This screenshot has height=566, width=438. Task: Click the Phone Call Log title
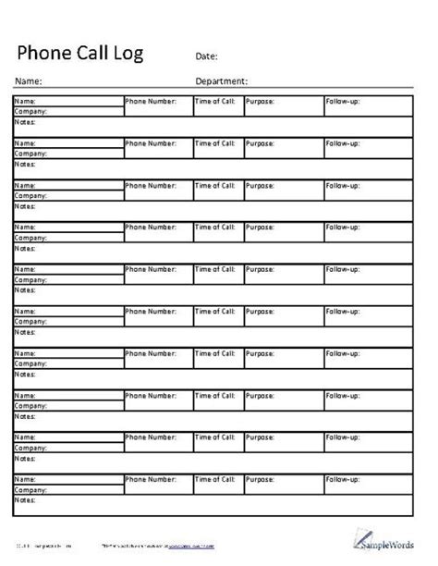pyautogui.click(x=81, y=52)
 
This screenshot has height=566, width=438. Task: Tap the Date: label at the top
pyautogui.click(x=207, y=56)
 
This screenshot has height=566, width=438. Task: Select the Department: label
pyautogui.click(x=222, y=80)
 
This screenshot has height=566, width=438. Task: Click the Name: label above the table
pyautogui.click(x=29, y=80)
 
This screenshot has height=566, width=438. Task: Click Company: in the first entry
pyautogui.click(x=30, y=112)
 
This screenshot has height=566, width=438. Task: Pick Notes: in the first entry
pyautogui.click(x=24, y=121)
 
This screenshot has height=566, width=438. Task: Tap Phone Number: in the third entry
pyautogui.click(x=150, y=185)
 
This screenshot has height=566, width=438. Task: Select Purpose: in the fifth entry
pyautogui.click(x=260, y=269)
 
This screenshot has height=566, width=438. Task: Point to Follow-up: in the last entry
pyautogui.click(x=342, y=479)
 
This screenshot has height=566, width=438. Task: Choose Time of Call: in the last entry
pyautogui.click(x=215, y=479)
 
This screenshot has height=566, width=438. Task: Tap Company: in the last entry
pyautogui.click(x=30, y=489)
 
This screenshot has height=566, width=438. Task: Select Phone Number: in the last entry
pyautogui.click(x=150, y=479)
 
